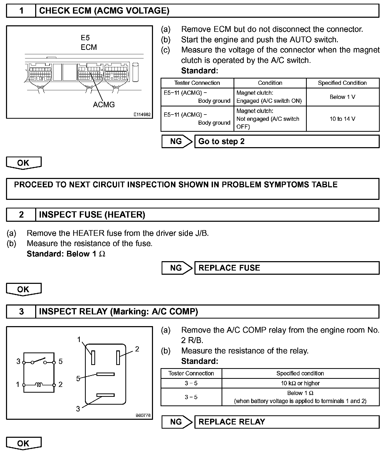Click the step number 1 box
(21, 11)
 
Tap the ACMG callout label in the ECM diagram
(104, 105)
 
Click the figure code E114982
(142, 115)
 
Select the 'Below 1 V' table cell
(342, 97)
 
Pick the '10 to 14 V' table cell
(342, 119)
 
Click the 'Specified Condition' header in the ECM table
(342, 83)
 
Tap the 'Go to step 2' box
(287, 141)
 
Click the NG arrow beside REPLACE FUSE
(177, 268)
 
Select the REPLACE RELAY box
(287, 422)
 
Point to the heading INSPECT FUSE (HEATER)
(92, 215)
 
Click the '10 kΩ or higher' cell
(300, 383)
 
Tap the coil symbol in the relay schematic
(39, 385)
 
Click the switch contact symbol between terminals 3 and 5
(39, 361)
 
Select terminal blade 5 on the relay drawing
(105, 374)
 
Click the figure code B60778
(143, 415)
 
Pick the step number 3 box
(21, 312)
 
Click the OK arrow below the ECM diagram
(23, 163)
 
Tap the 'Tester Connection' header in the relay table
(191, 373)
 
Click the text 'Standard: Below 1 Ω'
(66, 254)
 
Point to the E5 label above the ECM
(85, 38)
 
